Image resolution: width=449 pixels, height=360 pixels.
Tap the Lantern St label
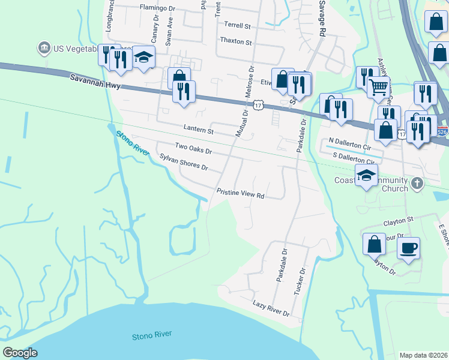(199, 130)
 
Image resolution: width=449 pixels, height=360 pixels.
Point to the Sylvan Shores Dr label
(184, 161)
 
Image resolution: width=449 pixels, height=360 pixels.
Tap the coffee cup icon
(408, 247)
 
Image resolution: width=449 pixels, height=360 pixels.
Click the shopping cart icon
(378, 87)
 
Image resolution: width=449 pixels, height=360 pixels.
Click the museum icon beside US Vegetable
(43, 47)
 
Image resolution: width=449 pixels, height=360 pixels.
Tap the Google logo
(20, 353)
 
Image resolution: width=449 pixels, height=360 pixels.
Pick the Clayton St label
(403, 221)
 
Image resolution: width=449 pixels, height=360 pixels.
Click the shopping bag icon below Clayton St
(373, 244)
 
